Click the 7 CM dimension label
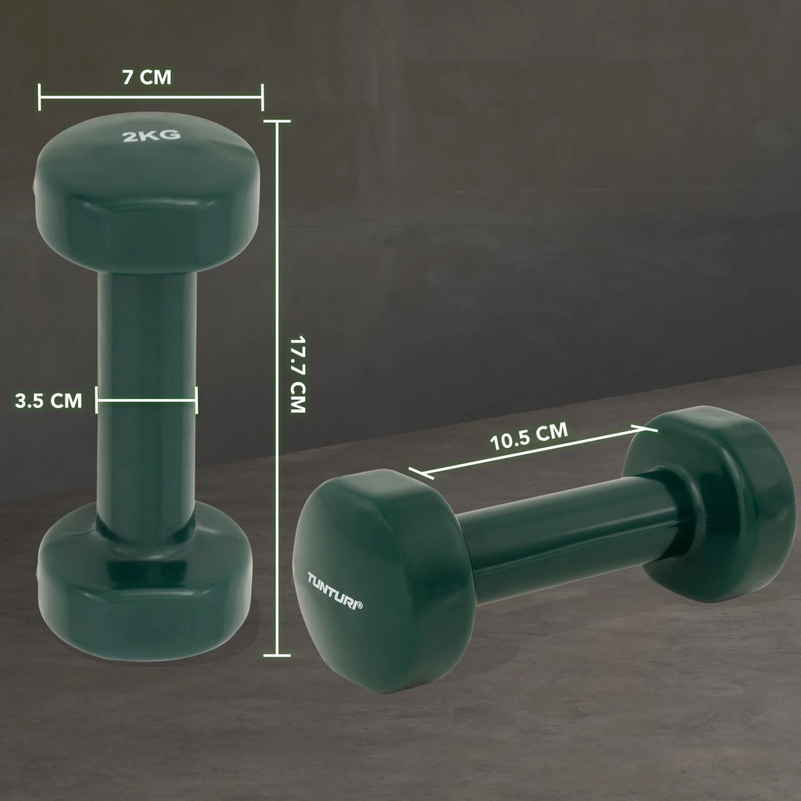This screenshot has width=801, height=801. pyautogui.click(x=147, y=77)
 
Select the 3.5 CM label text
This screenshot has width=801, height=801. pyautogui.click(x=49, y=400)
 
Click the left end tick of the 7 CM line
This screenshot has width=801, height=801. pyautogui.click(x=41, y=97)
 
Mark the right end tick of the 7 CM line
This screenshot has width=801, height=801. pyautogui.click(x=262, y=97)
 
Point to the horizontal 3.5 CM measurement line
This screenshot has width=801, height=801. pyautogui.click(x=147, y=400)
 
